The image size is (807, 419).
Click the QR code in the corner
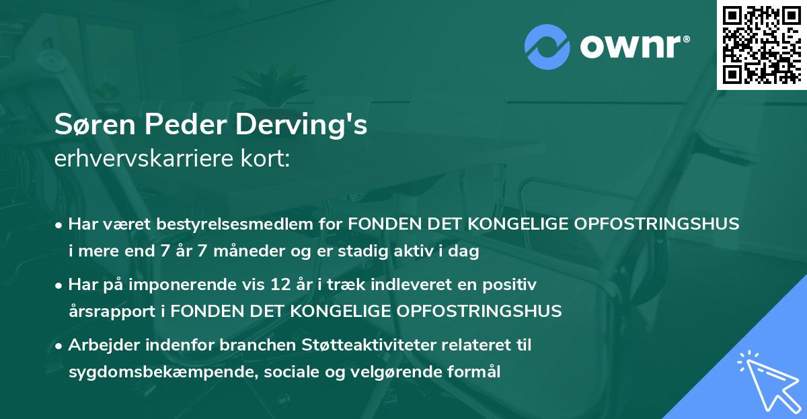click(x=761, y=45)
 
